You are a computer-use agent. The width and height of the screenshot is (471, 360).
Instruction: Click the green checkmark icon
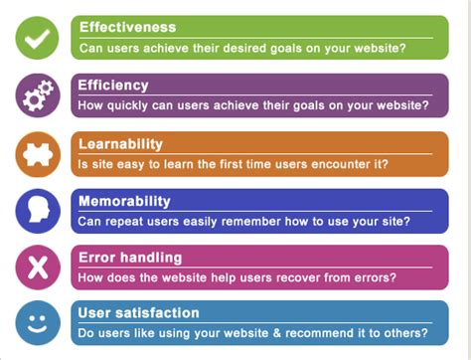37,38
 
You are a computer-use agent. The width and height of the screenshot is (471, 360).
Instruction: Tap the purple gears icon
37,95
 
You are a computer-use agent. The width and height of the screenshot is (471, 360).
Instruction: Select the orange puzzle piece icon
37,153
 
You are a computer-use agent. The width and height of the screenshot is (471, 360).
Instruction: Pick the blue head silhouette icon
37,210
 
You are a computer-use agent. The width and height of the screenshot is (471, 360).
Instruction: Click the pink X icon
37,267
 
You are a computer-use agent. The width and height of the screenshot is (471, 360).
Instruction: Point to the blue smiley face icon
37,323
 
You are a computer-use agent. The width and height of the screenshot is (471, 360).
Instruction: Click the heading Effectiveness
126,27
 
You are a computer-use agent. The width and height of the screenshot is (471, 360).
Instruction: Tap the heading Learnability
120,143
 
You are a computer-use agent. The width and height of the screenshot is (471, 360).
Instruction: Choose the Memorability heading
124,201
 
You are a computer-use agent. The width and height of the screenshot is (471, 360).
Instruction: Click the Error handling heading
129,258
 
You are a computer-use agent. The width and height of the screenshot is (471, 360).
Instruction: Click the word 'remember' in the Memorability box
260,220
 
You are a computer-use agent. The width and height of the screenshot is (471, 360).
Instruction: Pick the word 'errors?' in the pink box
375,276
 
